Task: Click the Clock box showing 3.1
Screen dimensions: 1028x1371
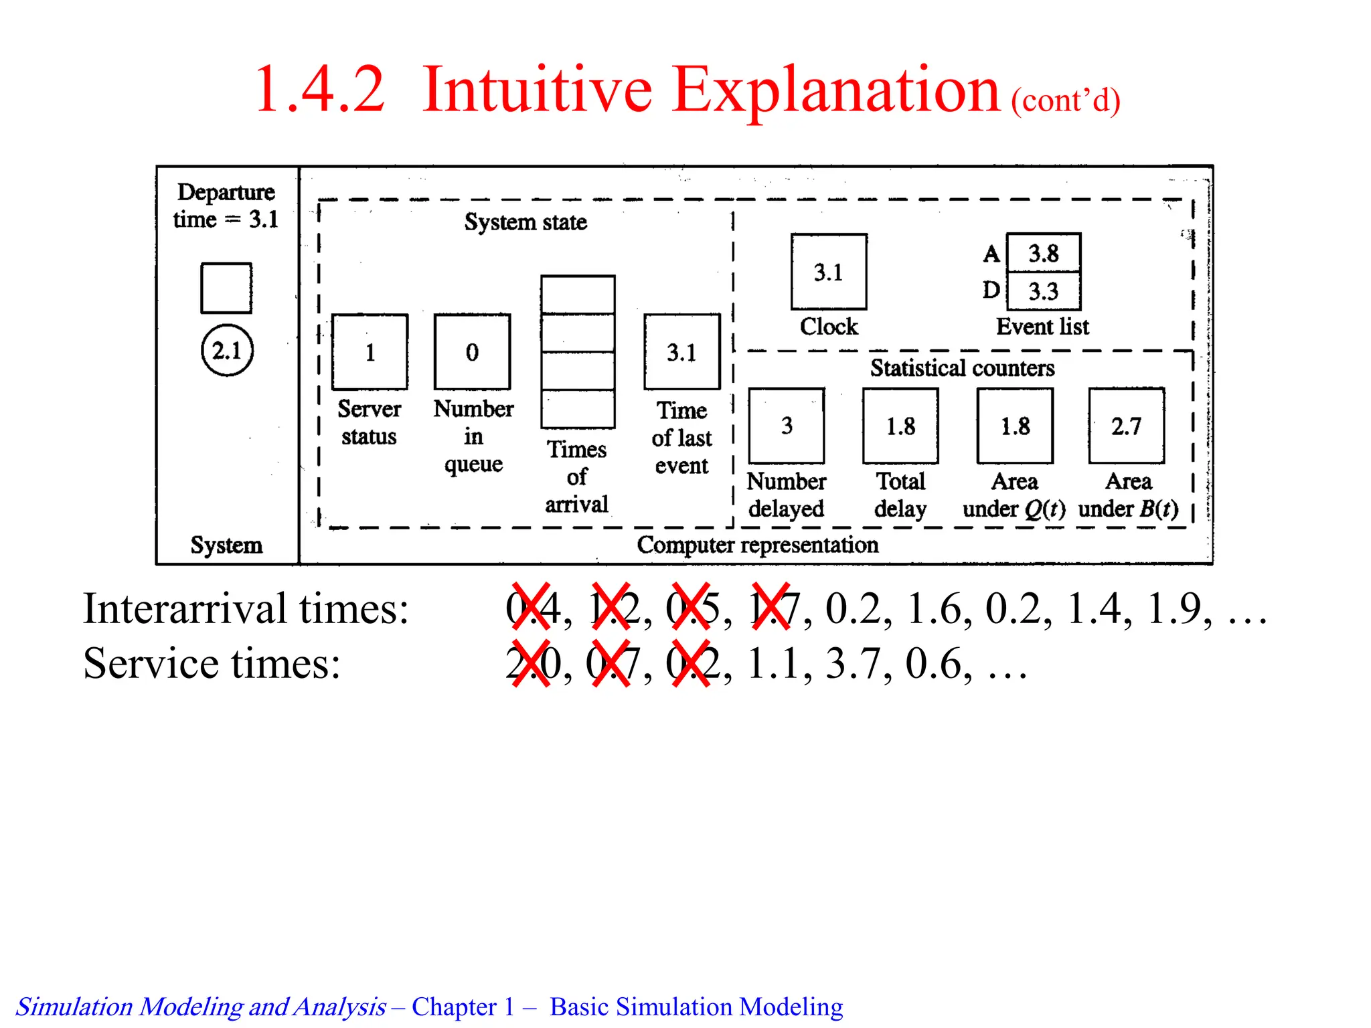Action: point(829,272)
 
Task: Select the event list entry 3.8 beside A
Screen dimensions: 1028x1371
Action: point(1044,253)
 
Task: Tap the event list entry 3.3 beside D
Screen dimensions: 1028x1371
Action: point(1044,291)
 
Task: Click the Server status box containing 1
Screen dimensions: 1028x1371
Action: point(370,352)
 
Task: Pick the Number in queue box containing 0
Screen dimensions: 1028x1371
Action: point(472,352)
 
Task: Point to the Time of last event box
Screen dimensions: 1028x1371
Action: point(682,352)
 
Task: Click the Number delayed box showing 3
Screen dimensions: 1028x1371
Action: point(787,426)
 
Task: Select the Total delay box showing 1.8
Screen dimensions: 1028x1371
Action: point(900,426)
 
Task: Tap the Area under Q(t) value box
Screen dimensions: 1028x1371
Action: point(1015,426)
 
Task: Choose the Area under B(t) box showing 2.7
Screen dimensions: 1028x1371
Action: point(1127,426)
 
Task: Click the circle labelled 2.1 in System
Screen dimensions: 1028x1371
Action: point(227,350)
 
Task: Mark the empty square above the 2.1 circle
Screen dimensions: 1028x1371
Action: point(226,288)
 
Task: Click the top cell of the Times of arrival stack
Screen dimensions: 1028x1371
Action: point(578,294)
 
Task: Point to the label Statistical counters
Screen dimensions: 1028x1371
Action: point(962,368)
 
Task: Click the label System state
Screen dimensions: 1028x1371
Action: point(526,222)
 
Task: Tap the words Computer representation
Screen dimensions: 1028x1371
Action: point(757,545)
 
